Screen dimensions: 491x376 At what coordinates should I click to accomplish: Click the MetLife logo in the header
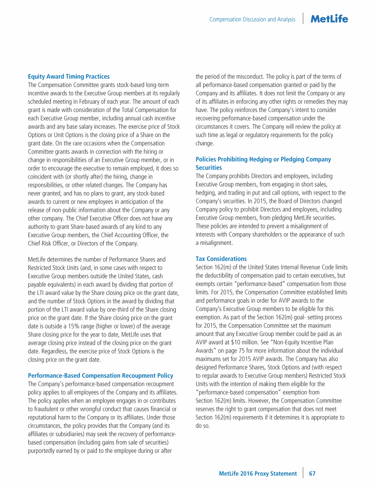329,19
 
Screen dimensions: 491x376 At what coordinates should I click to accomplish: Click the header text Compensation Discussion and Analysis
252,20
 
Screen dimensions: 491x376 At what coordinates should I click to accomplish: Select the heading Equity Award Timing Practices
69,77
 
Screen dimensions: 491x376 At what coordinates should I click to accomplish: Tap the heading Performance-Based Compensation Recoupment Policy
100,376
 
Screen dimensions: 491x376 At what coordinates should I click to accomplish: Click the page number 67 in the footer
312,473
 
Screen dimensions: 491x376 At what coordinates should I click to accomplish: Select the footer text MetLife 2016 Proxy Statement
258,473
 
